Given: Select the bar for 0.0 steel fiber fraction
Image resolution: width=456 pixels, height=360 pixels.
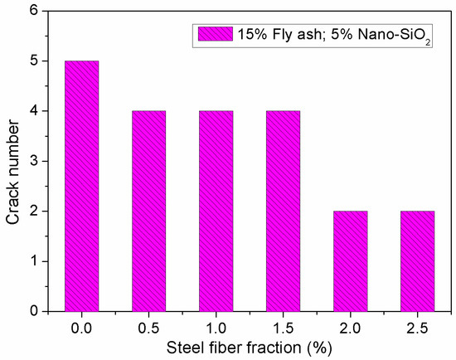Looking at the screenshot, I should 81,186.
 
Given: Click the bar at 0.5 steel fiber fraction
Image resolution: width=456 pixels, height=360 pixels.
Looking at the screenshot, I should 148,211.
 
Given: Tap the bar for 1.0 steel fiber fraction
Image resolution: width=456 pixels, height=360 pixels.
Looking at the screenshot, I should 216,211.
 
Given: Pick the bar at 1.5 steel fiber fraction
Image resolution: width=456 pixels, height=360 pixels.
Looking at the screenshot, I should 283,211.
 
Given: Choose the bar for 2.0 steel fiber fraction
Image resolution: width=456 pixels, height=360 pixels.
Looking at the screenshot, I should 351,260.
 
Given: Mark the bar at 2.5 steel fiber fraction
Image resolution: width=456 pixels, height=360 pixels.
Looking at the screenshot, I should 418,260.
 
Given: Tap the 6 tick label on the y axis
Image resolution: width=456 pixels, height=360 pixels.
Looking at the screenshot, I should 34,11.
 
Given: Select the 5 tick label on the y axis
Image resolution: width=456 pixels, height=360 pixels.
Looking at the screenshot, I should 34,61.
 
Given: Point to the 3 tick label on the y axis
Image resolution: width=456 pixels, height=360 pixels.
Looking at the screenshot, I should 34,161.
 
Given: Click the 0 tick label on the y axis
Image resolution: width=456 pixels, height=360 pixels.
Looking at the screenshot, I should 34,311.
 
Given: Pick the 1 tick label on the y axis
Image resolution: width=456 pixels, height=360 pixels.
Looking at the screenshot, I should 34,261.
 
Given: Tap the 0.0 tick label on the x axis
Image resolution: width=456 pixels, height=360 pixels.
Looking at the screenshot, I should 81,327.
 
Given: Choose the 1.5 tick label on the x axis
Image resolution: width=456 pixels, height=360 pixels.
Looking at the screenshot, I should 283,327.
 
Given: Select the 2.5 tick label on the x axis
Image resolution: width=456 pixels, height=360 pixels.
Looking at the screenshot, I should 418,327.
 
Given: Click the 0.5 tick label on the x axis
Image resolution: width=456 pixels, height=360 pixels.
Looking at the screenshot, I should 148,327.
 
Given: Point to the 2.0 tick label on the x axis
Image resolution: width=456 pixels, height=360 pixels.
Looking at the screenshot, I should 351,327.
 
